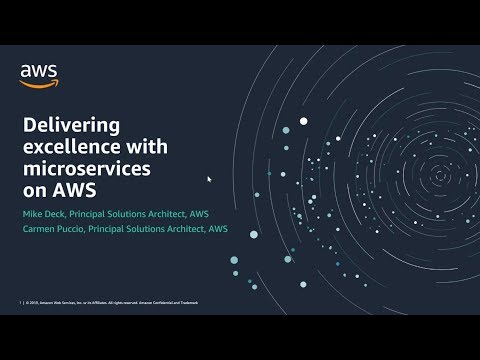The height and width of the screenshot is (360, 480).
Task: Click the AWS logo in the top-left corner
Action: click(x=39, y=74)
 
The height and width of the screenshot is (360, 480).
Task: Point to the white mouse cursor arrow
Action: click(x=209, y=180)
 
